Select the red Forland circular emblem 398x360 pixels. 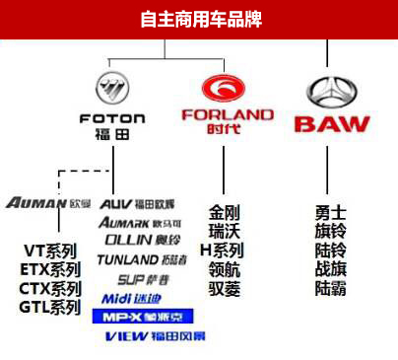point(227,88)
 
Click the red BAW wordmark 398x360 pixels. point(332,124)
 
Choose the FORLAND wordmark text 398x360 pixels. point(228,114)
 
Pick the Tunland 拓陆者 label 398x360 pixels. point(142,259)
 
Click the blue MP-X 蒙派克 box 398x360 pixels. point(142,317)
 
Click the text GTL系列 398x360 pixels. point(50,308)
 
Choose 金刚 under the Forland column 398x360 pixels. point(226,213)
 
